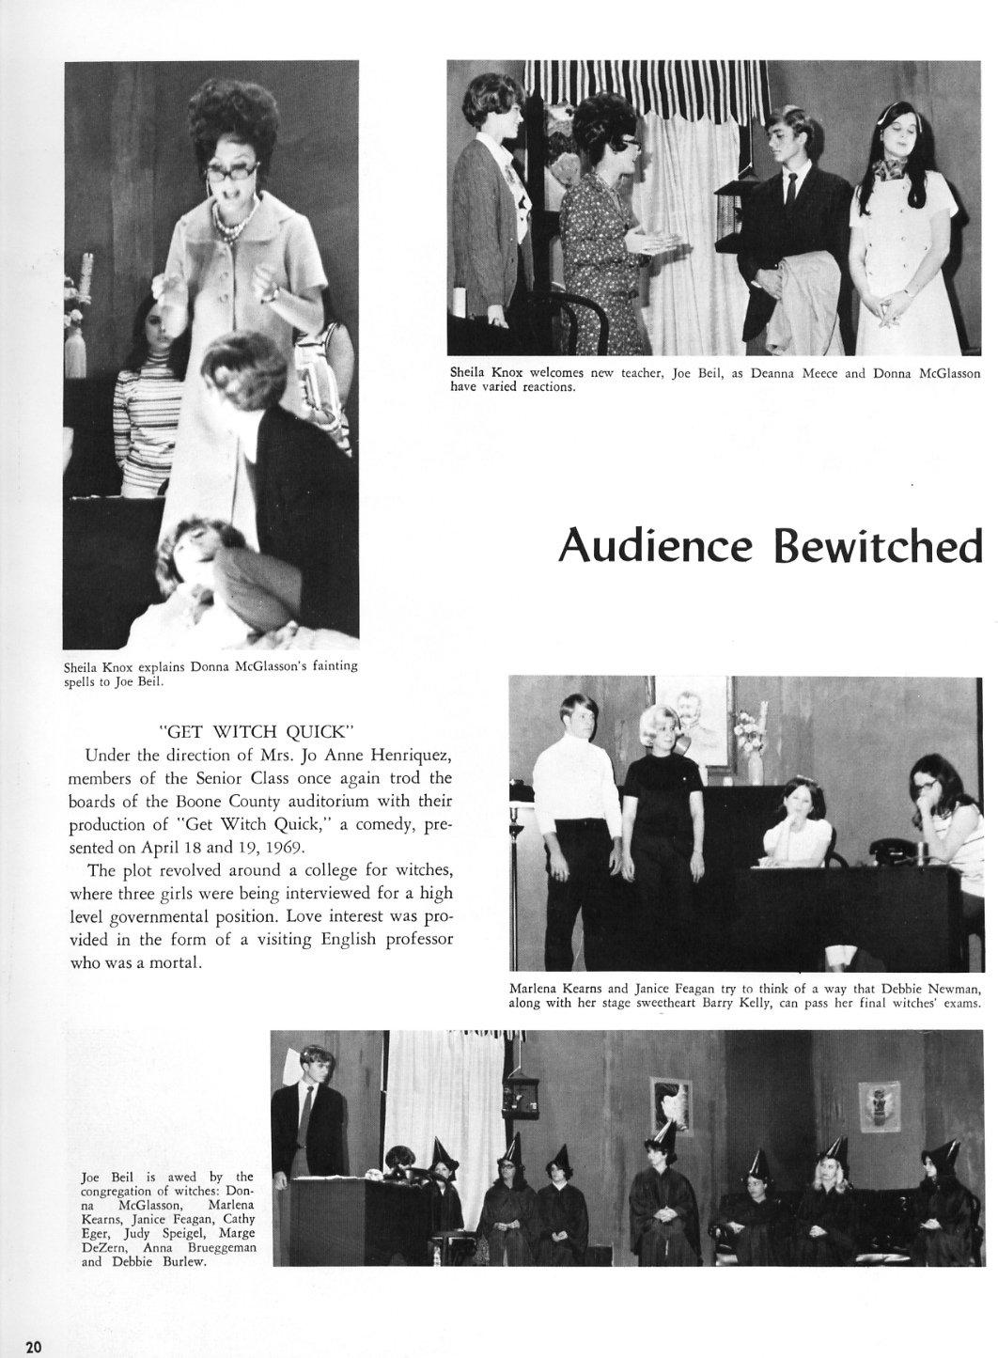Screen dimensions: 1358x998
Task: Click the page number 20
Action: pos(34,1347)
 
